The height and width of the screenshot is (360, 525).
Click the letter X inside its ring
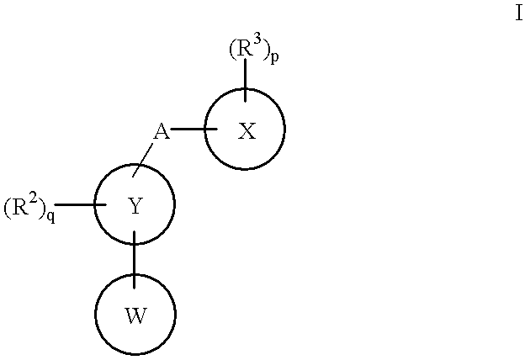pyautogui.click(x=246, y=131)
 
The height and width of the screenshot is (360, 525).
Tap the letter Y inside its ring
pyautogui.click(x=135, y=206)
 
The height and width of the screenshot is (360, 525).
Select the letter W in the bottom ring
pyautogui.click(x=135, y=316)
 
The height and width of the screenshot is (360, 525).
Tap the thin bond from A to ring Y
pyautogui.click(x=143, y=158)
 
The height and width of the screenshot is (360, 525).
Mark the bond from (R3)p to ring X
pyautogui.click(x=245, y=76)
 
